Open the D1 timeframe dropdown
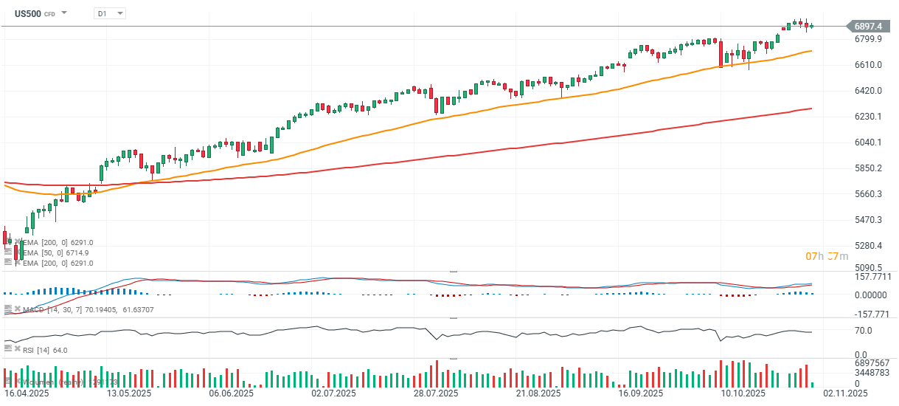(x=110, y=13)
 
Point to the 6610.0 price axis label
(x=868, y=65)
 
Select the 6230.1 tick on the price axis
(x=868, y=117)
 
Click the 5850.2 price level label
(x=868, y=168)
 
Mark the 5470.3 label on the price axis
(x=868, y=220)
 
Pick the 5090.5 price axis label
(x=868, y=267)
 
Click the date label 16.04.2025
(x=27, y=393)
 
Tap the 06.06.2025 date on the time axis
(x=232, y=393)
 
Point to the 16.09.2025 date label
(x=640, y=393)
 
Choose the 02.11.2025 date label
(x=846, y=393)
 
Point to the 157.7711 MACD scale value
(x=872, y=277)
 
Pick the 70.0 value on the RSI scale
(x=864, y=331)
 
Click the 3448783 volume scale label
(x=872, y=374)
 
